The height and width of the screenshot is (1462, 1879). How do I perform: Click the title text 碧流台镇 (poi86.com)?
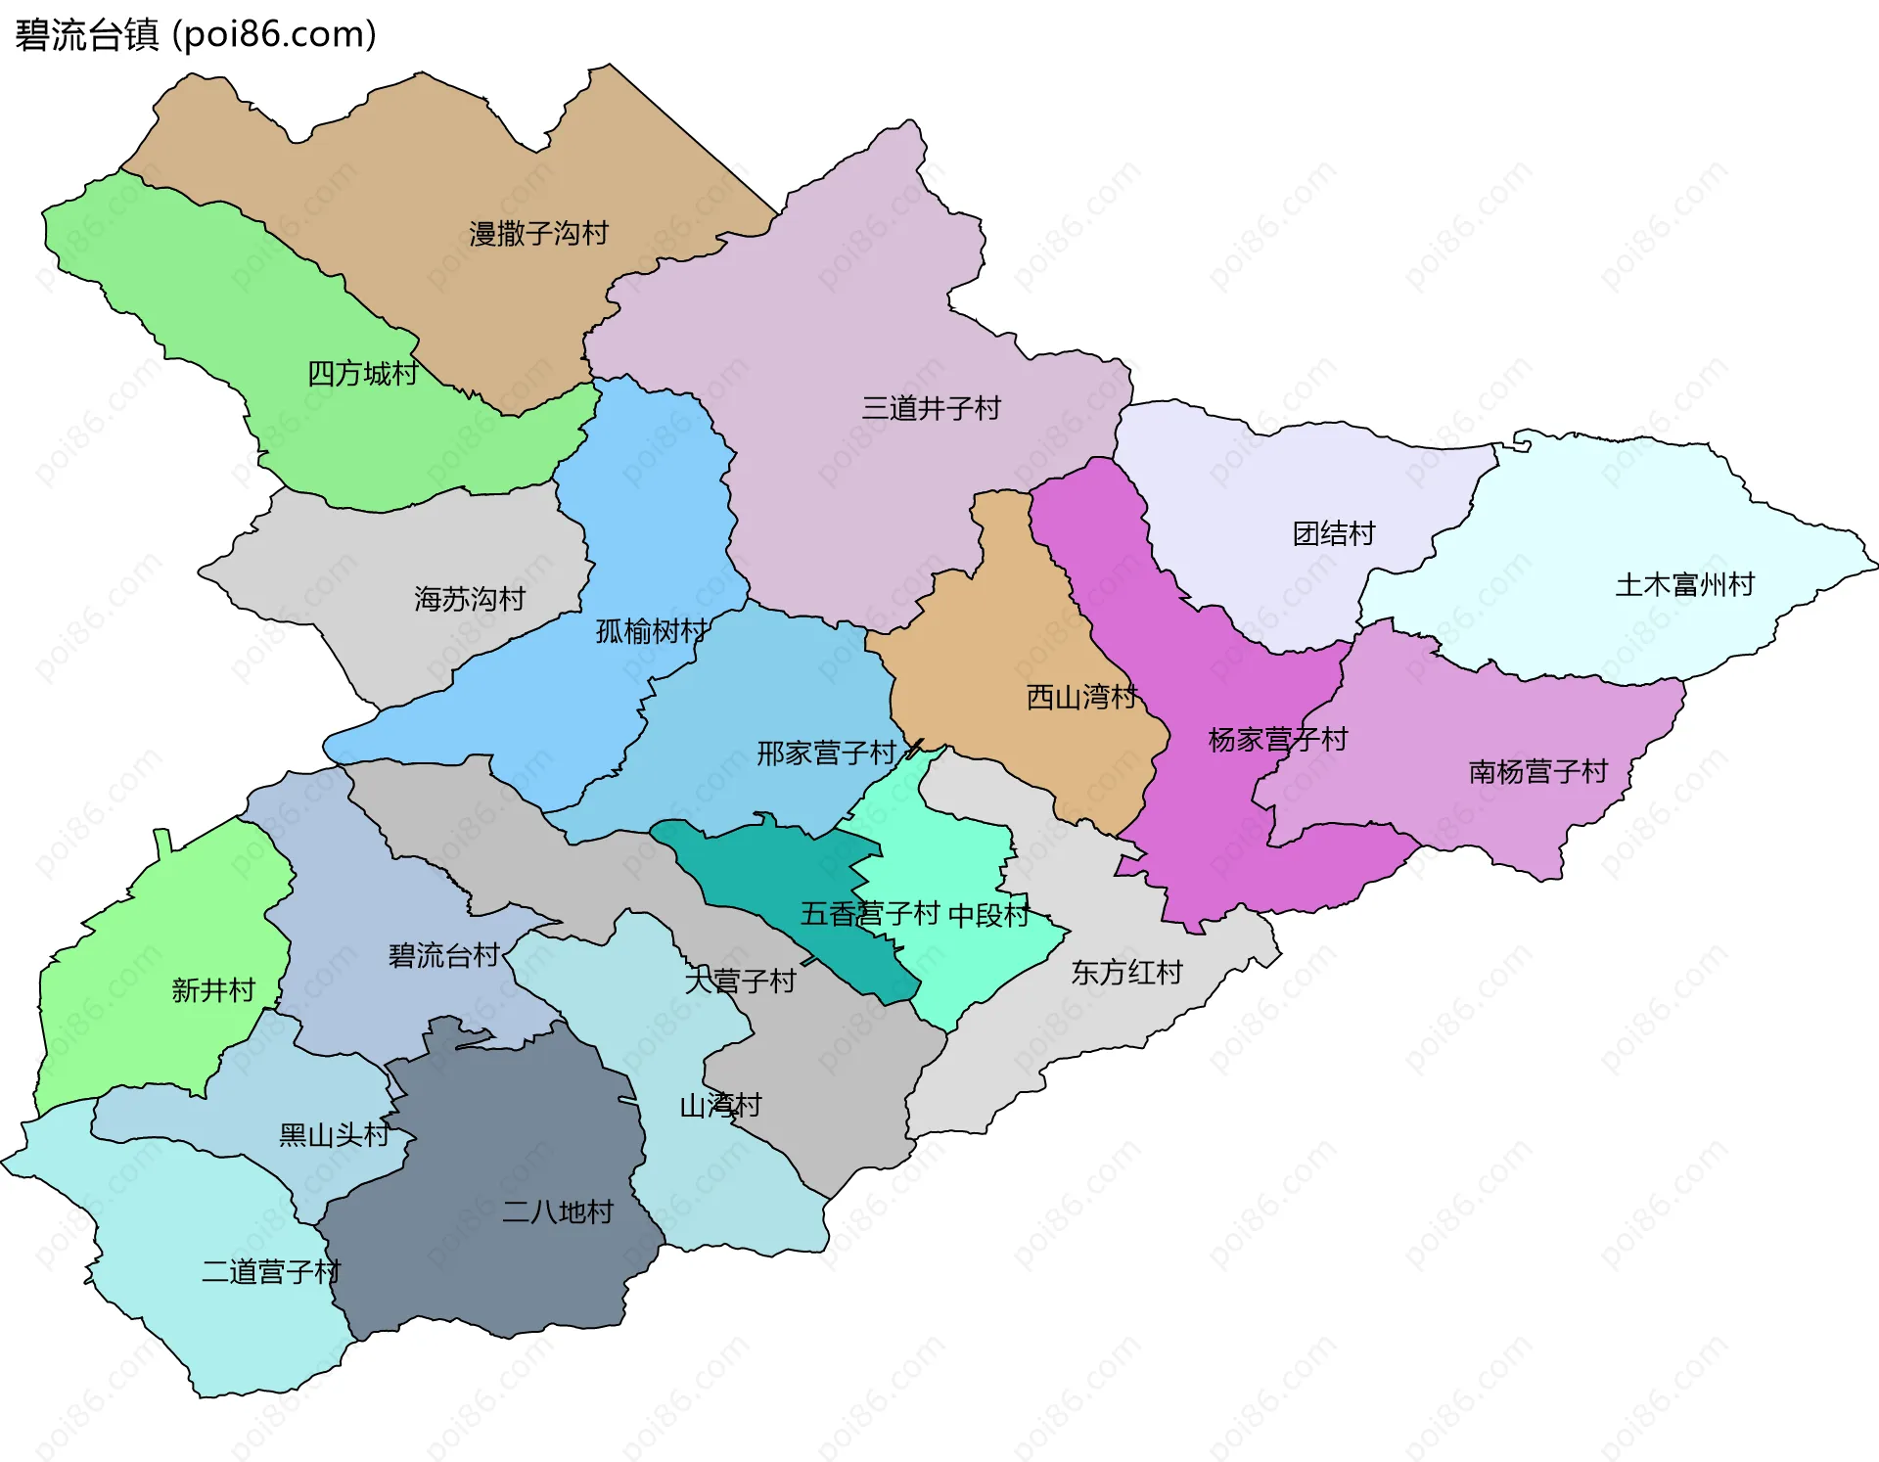pos(196,35)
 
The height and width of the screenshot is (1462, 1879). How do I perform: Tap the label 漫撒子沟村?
pos(538,234)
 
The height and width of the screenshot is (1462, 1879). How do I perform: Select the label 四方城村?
pos(362,374)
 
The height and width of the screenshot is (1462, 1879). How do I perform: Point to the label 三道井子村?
pos(931,408)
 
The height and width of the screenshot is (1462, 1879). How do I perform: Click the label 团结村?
pos(1334,533)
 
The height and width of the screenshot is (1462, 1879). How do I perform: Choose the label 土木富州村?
pos(1684,585)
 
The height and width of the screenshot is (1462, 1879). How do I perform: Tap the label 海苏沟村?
pos(470,599)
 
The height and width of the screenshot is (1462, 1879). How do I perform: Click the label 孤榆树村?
pos(652,631)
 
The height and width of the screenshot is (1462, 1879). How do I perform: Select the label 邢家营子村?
pos(827,754)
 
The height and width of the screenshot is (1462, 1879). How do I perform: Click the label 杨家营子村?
pos(1278,739)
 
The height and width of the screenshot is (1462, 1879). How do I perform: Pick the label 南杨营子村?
pos(1538,772)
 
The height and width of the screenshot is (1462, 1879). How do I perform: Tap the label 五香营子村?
pos(870,914)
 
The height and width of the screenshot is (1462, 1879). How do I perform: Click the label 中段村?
pos(988,915)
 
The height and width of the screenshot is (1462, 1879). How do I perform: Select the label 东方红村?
pos(1127,973)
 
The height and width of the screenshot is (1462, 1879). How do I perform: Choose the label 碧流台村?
pos(444,955)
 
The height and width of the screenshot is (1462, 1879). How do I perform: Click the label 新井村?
pos(213,990)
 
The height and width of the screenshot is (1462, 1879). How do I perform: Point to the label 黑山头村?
pos(334,1135)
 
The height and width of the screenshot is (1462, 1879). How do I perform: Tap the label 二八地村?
pos(558,1212)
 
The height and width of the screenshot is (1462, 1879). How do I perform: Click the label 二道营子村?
pos(271,1272)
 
